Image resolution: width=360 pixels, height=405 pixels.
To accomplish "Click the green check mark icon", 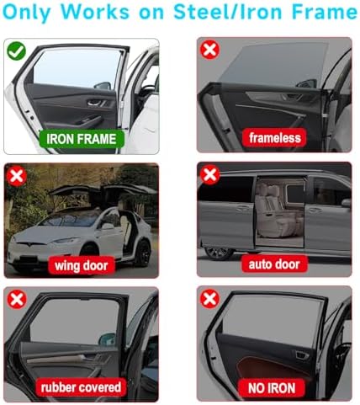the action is point(17,51).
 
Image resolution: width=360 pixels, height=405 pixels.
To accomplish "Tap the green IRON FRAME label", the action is point(82,139).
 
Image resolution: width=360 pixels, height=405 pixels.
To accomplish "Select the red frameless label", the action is point(275,138).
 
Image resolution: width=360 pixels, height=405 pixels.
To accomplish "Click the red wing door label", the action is point(82,265).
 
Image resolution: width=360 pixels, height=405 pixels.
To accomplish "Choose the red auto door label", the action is point(274,264).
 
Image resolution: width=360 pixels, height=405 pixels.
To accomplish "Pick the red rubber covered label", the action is point(81,387).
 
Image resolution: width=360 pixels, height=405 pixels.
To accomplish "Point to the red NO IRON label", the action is point(272,388).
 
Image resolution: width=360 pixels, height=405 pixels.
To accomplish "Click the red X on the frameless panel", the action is point(209,50).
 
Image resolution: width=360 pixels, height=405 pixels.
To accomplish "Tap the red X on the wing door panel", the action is point(17,176).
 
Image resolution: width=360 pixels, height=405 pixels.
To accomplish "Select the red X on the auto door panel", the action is point(209,175).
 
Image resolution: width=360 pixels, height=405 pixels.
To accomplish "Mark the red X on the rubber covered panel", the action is point(17,299).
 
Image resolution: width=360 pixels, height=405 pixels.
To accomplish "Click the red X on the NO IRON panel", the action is point(209,299).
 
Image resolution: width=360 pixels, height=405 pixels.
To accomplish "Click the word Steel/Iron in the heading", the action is point(229,12).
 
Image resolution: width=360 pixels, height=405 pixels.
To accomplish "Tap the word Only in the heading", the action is point(27,13).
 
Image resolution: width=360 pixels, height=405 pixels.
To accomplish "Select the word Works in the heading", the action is point(95,12).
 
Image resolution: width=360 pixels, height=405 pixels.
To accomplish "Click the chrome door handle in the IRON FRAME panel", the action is point(95,104).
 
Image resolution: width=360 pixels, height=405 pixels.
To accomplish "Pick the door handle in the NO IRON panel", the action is point(301,354).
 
